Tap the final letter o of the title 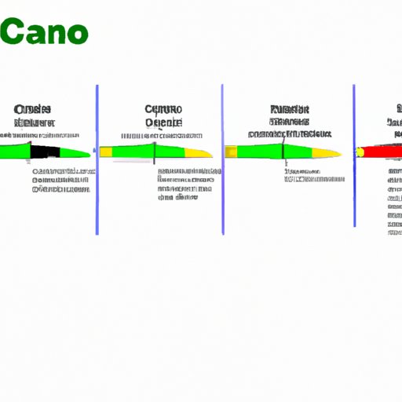[x=77, y=35]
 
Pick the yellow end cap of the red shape [x=359, y=150]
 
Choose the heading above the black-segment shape [x=34, y=115]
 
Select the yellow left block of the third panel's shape [x=231, y=151]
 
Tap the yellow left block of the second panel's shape [x=105, y=151]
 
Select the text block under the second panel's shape [x=184, y=184]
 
